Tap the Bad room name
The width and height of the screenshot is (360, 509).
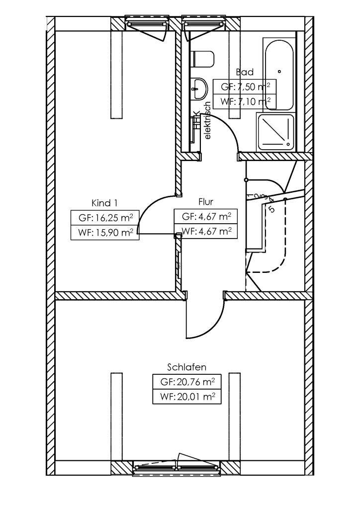(x=245, y=72)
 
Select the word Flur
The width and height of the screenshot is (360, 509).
(x=205, y=202)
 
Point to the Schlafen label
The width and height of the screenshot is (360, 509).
(x=186, y=367)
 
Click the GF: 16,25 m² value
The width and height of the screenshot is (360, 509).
(x=105, y=218)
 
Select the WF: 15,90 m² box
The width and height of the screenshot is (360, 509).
(x=105, y=232)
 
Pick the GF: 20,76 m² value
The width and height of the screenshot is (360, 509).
(x=187, y=382)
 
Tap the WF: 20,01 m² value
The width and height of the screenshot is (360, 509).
(x=187, y=397)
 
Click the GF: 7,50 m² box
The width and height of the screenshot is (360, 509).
(x=245, y=86)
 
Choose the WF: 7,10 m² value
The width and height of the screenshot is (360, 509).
(x=245, y=101)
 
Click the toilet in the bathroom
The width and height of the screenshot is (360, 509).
(x=203, y=59)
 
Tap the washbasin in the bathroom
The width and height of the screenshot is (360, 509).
(x=200, y=88)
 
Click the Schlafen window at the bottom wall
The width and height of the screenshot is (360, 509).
(x=177, y=466)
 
